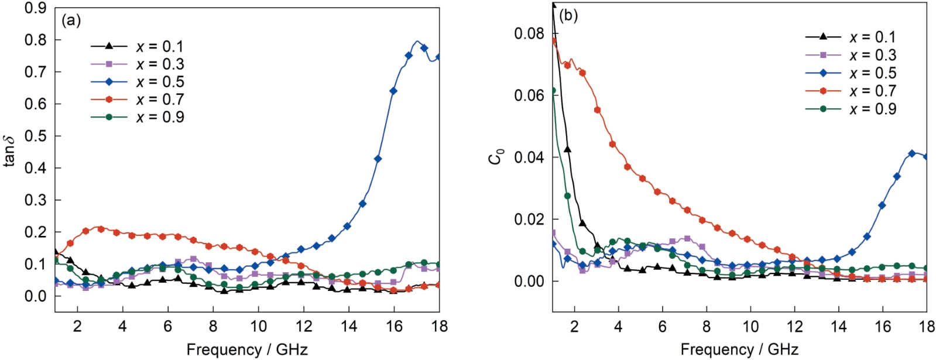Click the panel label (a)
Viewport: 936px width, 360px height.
71,21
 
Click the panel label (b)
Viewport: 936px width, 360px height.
568,16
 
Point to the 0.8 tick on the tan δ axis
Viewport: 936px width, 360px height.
35,40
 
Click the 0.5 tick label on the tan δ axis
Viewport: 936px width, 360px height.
35,136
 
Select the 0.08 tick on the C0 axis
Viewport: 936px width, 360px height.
528,33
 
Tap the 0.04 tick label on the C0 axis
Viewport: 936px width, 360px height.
528,157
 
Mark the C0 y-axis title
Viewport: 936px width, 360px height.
496,157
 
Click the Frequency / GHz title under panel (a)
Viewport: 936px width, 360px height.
246,349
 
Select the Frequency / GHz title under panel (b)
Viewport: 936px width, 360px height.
739,349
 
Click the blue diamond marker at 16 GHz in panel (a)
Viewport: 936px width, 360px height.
393,91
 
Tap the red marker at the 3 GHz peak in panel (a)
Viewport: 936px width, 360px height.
101,229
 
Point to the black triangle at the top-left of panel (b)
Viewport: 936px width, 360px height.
553,5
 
